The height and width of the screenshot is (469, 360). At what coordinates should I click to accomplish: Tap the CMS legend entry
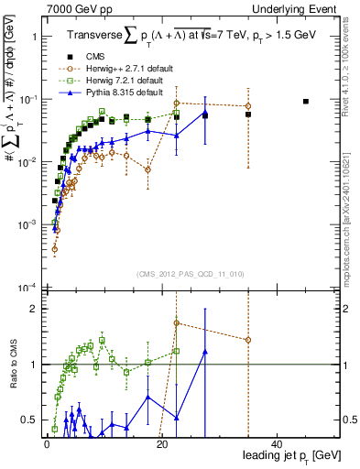tap(110, 57)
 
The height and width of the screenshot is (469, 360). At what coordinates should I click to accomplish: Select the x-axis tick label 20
tap(162, 443)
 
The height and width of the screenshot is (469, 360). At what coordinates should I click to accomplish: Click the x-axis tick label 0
tap(47, 443)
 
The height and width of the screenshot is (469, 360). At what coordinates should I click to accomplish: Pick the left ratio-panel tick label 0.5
tap(27, 420)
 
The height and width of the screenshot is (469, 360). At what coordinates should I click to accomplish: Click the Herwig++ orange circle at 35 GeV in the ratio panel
tap(248, 340)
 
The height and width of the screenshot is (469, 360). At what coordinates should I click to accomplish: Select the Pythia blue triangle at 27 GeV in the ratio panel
tap(205, 351)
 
